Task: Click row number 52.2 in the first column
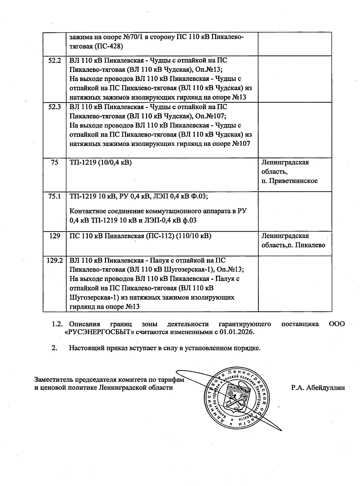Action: point(54,61)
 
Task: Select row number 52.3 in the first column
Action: point(54,107)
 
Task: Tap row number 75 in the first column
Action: point(54,162)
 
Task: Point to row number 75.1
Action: point(54,196)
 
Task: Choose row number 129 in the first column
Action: point(54,236)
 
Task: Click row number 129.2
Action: point(54,261)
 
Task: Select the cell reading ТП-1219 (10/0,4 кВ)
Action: point(100,162)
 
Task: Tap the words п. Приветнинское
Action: point(289,181)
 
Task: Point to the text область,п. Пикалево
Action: point(293,245)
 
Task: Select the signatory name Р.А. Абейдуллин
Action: point(318,387)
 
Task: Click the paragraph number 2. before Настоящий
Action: point(54,348)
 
